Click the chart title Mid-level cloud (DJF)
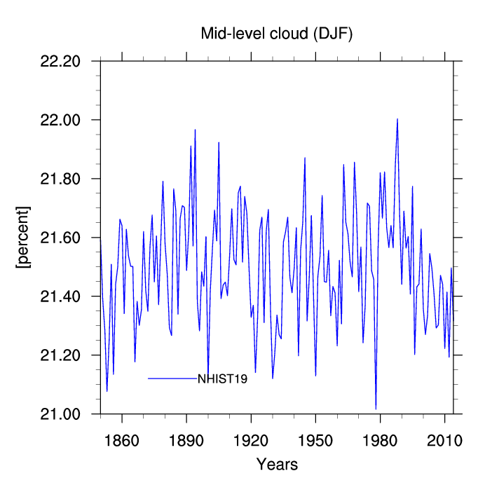276,34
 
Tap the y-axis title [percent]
23,237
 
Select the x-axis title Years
277,464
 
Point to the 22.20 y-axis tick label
60,61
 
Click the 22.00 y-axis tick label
60,120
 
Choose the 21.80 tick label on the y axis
60,179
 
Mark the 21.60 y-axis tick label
60,238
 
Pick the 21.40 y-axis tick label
60,296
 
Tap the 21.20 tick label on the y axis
60,355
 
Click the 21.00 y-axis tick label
60,414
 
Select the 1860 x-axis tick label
122,441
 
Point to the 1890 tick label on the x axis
186,441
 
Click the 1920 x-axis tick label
251,441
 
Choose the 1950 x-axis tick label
315,441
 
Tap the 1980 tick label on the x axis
380,441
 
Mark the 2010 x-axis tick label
445,441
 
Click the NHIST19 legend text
223,379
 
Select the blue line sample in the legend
172,378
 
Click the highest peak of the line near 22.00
397,119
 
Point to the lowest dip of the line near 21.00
376,409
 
